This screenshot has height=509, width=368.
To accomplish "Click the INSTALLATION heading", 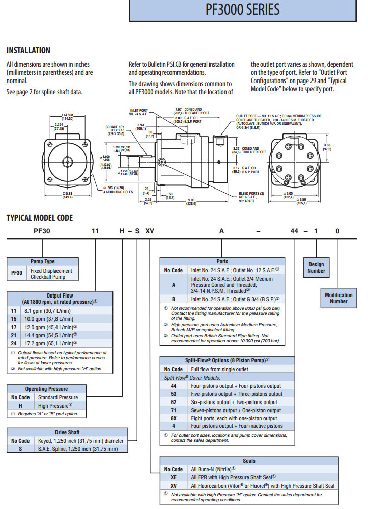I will [x=28, y=50].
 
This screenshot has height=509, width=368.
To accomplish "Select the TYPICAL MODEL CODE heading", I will [x=39, y=218].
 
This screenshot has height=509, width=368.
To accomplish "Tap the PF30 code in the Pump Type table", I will [x=17, y=274].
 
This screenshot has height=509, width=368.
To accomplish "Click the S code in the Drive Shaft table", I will [x=20, y=449].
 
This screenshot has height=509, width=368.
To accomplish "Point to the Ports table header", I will [x=222, y=261].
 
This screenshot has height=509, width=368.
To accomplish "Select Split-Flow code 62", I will [x=174, y=402].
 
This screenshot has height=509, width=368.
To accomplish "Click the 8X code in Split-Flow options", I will [x=174, y=418].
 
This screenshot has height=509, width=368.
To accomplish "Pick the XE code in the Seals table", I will [x=174, y=477].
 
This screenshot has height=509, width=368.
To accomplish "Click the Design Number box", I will [x=316, y=267].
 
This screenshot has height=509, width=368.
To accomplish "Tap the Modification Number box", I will [x=338, y=298].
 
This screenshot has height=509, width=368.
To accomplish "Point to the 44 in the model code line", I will [x=294, y=231].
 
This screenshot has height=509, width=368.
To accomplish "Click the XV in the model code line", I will [x=150, y=231].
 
